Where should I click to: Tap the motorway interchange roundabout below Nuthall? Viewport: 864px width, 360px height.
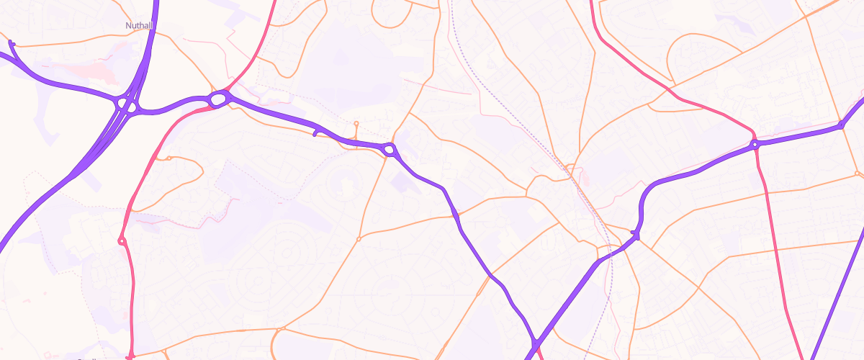coord(127,105)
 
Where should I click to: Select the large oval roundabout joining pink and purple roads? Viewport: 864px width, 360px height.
coord(219,99)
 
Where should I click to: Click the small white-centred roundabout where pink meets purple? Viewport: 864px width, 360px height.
coord(755,145)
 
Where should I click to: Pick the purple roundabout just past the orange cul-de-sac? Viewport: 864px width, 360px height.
coord(390,150)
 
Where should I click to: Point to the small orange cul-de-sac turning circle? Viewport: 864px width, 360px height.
coord(356,124)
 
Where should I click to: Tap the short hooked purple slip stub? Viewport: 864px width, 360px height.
coord(315,132)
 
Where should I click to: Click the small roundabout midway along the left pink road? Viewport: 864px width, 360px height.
coord(122,240)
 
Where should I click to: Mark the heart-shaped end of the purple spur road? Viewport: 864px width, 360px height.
coord(12,45)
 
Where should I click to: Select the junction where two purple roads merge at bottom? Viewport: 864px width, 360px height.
coord(536,343)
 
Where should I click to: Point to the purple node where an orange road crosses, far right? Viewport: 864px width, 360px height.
coord(840,126)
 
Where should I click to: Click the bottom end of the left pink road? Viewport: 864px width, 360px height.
coord(130,356)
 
